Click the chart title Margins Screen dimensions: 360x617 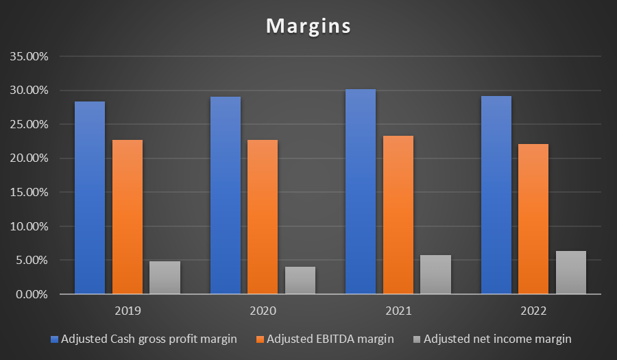click(308, 26)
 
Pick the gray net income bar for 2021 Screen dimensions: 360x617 click(435, 274)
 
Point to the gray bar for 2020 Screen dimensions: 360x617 click(300, 280)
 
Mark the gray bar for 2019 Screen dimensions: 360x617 click(165, 277)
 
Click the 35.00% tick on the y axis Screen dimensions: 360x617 click(29, 56)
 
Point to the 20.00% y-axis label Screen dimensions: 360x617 click(29, 158)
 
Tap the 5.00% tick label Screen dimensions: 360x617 click(32, 261)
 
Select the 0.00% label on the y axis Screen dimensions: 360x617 click(32, 294)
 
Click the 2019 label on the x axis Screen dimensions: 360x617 click(128, 311)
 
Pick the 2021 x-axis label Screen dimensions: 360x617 click(398, 311)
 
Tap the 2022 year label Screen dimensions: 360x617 click(533, 311)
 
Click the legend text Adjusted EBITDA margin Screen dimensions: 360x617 click(330, 339)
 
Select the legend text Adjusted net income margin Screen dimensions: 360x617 click(497, 339)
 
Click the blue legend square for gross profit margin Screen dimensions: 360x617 click(55, 339)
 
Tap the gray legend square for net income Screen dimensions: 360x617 click(418, 339)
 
